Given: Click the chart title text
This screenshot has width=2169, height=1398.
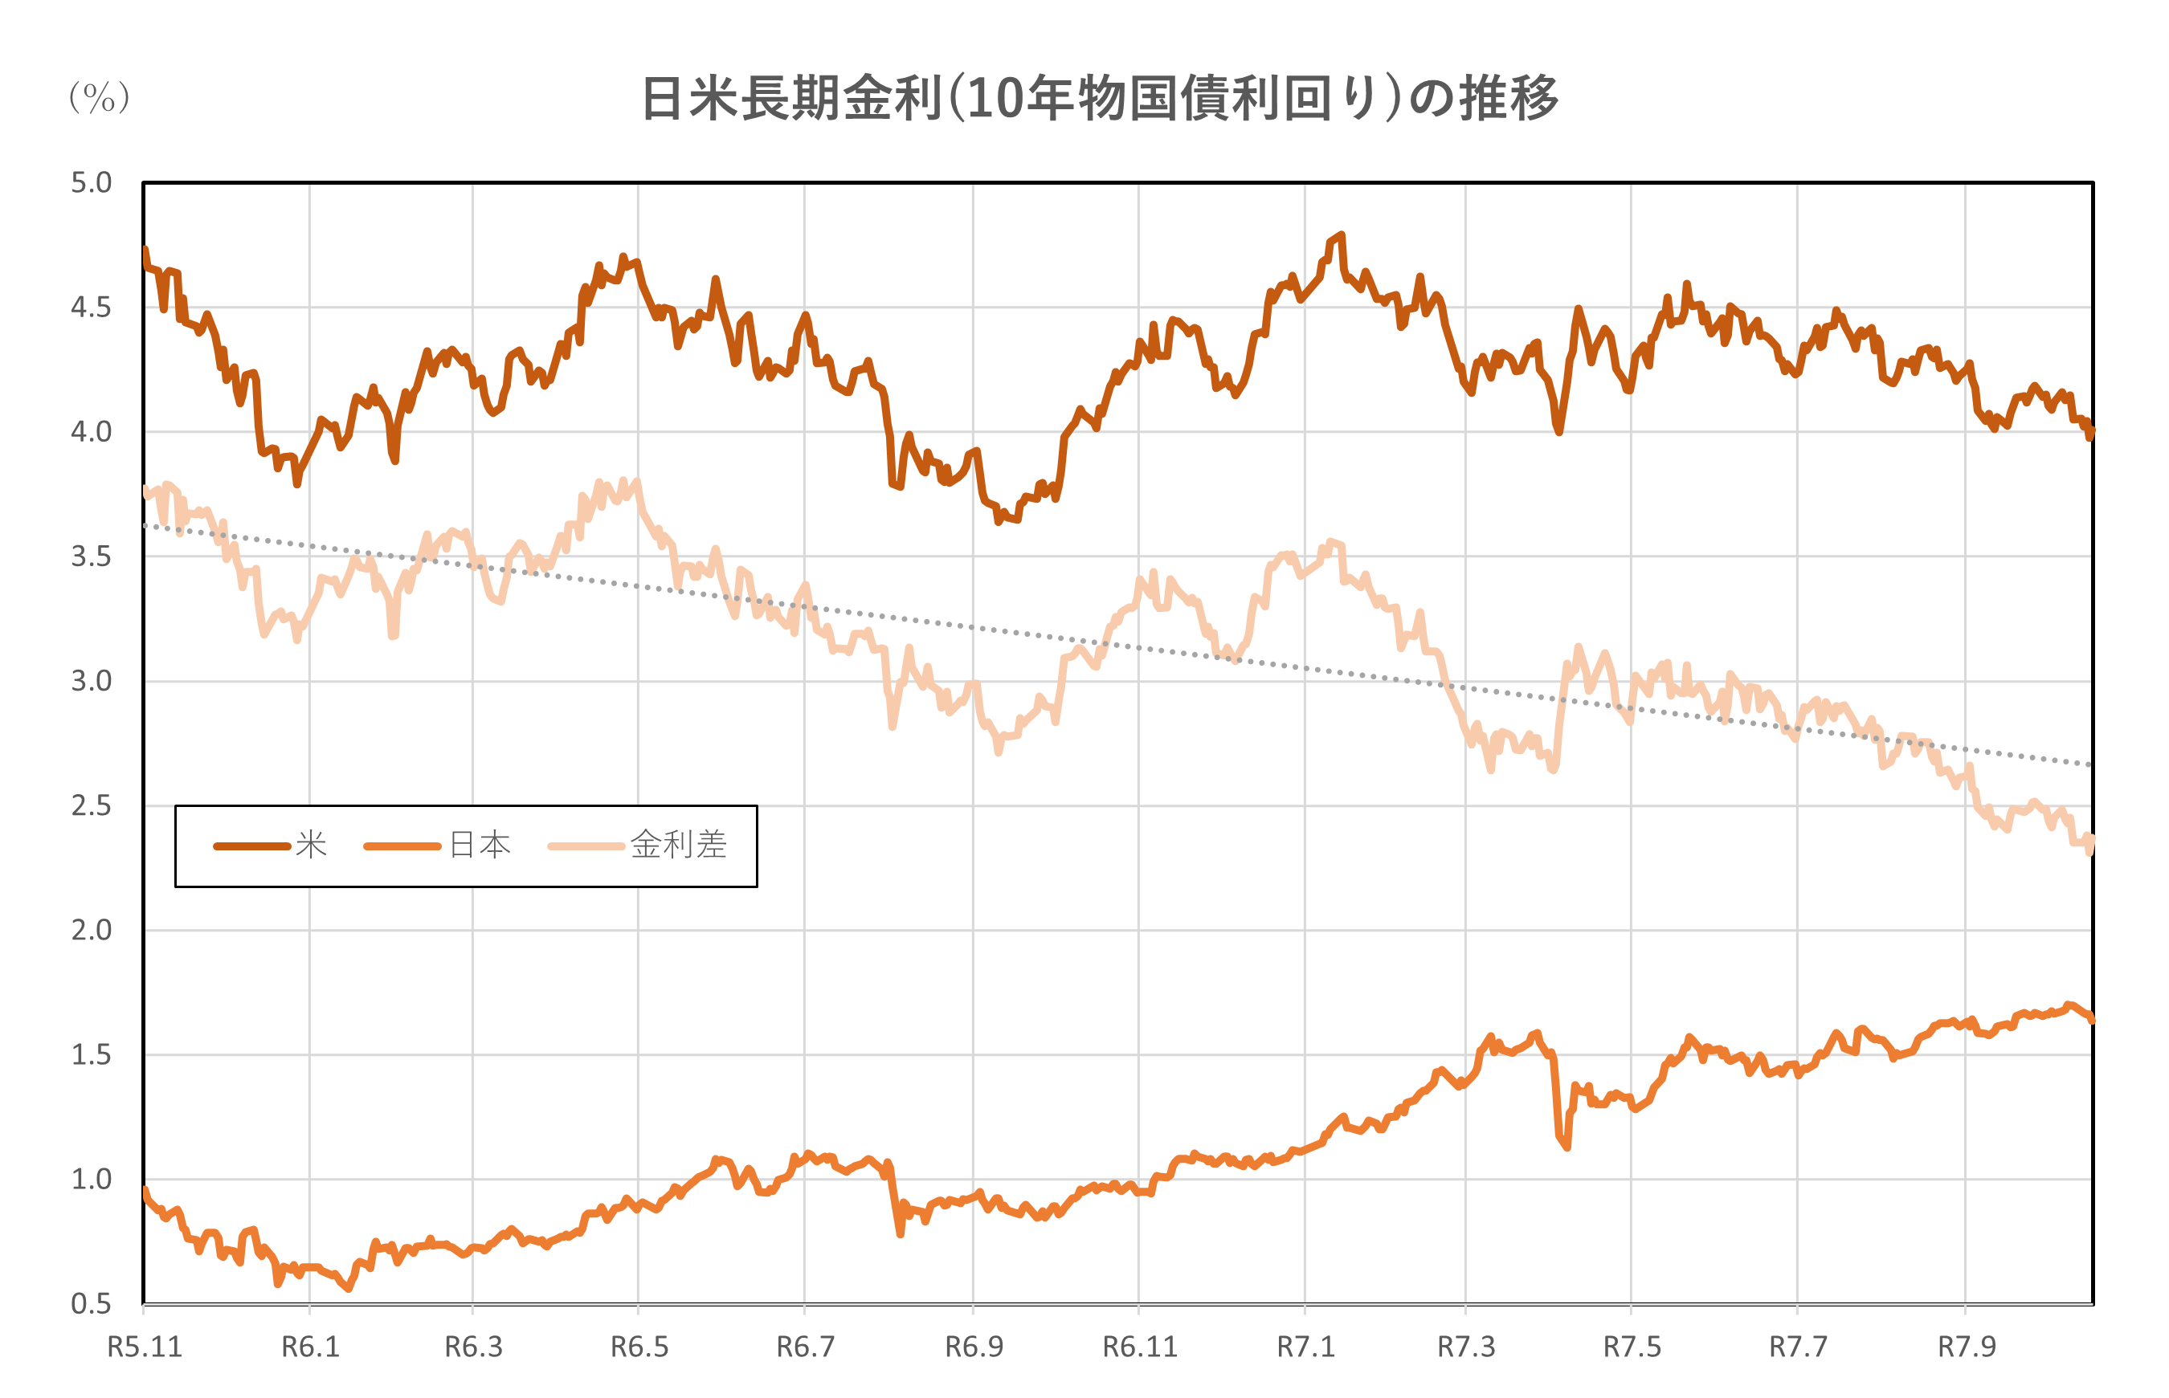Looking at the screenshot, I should tap(1100, 98).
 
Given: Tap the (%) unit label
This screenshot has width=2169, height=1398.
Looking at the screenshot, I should tap(99, 96).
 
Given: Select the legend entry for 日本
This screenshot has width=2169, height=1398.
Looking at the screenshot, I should tap(438, 846).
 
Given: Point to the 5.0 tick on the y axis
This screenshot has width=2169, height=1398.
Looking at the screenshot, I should tap(91, 182).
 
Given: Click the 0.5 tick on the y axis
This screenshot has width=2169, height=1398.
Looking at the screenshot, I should tap(91, 1303).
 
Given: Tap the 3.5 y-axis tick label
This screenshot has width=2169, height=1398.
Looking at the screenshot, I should tap(91, 556).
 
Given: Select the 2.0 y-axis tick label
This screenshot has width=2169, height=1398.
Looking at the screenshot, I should tap(91, 930).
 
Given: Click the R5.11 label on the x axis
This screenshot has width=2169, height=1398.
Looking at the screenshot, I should tap(145, 1347).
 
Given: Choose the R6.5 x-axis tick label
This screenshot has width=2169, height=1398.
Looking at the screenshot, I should tap(639, 1347).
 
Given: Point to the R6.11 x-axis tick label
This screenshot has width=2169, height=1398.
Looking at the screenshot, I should tap(1139, 1347).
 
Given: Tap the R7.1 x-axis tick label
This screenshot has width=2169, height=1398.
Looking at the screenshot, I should tap(1305, 1347).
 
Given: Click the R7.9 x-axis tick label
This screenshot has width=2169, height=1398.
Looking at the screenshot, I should tap(1967, 1347).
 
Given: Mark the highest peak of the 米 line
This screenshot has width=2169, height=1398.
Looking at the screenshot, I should tap(1342, 234).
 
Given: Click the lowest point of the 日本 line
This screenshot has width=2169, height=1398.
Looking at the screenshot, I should tap(349, 1288).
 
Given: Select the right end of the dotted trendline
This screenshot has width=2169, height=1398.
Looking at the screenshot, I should tap(2091, 764).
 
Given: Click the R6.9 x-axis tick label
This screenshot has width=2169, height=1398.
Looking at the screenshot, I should tap(974, 1347).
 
